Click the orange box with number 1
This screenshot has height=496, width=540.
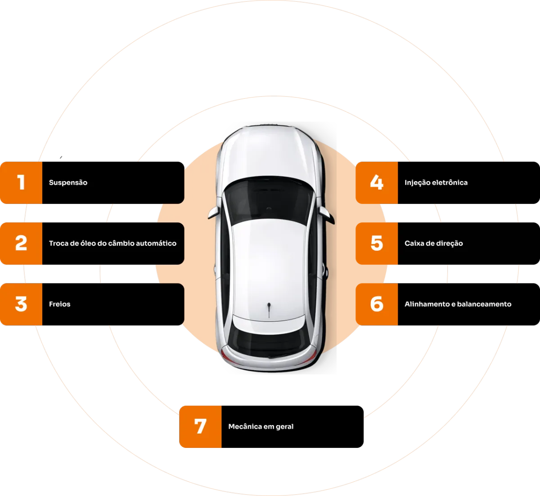click(21, 183)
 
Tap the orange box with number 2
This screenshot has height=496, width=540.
click(21, 244)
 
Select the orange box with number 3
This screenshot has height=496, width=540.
click(21, 304)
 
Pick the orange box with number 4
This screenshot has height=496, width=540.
click(377, 183)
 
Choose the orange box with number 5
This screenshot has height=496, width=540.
click(377, 244)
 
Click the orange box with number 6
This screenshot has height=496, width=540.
click(377, 304)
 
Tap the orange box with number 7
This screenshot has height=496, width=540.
click(200, 426)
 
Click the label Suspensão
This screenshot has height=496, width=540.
click(68, 183)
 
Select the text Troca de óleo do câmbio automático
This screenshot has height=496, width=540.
click(112, 244)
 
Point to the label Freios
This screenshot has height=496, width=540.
click(60, 304)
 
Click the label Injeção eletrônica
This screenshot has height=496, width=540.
click(436, 183)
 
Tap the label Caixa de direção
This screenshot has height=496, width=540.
click(433, 244)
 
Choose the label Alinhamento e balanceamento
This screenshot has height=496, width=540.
click(458, 304)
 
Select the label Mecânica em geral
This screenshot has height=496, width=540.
click(261, 426)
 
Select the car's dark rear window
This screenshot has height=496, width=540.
click(269, 339)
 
